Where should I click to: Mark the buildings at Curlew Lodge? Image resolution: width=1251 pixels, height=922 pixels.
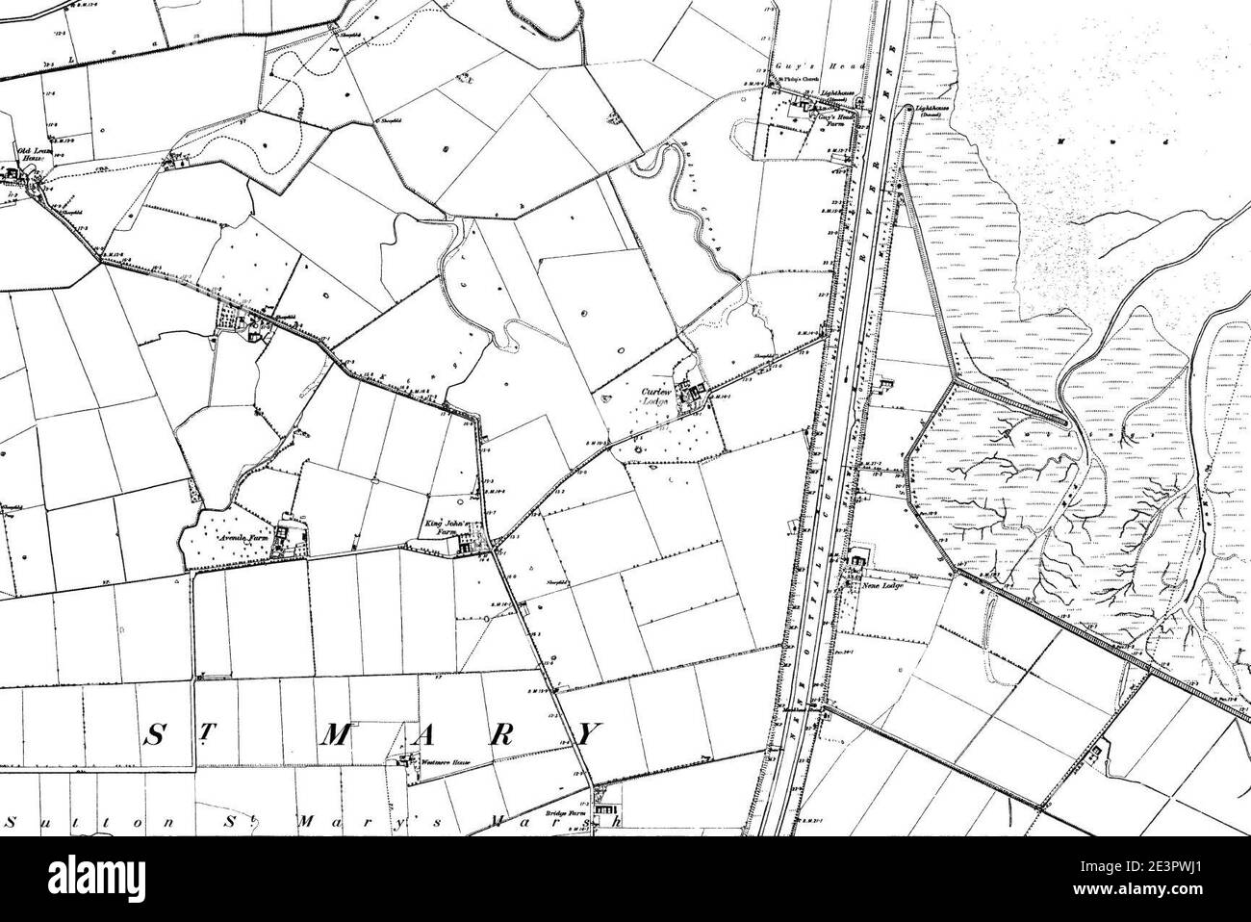pyautogui.click(x=690, y=393)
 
